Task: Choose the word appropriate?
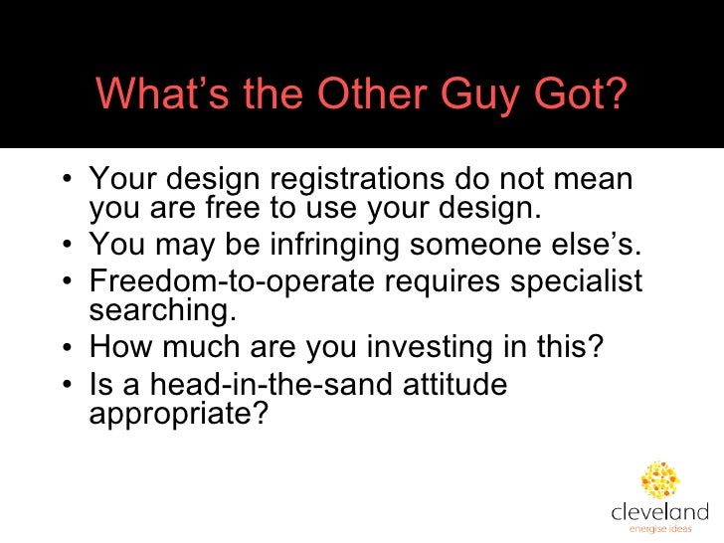(x=179, y=413)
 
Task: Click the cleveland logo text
(x=659, y=512)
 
